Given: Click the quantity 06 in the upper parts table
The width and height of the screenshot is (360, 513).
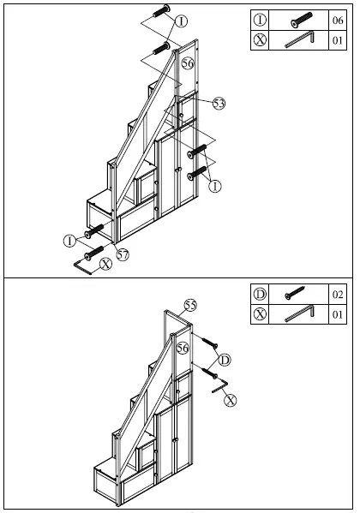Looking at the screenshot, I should [338, 21].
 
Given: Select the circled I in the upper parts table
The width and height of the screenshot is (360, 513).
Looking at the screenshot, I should [261, 21].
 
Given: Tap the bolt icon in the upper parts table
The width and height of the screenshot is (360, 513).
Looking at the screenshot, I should [301, 21].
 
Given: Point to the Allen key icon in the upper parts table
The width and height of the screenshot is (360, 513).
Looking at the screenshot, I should [301, 40].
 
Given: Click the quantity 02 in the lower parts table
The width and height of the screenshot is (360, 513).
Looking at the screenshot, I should [338, 295].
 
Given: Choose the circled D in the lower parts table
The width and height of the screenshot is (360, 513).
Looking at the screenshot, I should [261, 295].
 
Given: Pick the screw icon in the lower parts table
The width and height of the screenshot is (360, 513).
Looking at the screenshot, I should [301, 295].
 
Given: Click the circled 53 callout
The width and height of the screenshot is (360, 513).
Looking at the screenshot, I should [219, 103].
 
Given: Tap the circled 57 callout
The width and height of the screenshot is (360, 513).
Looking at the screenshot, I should [123, 254].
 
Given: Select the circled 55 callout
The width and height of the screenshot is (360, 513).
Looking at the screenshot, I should [190, 305].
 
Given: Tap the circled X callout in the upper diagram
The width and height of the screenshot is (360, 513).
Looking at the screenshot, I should [105, 265].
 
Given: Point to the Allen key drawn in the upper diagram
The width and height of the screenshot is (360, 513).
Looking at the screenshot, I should [83, 266].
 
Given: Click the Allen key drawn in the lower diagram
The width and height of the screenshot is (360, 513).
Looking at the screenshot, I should [218, 389].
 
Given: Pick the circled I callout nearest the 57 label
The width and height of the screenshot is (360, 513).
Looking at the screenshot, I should [69, 241].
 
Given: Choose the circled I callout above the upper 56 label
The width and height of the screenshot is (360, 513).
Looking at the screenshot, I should [181, 20].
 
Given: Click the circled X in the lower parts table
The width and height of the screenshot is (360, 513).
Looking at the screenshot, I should [261, 314].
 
